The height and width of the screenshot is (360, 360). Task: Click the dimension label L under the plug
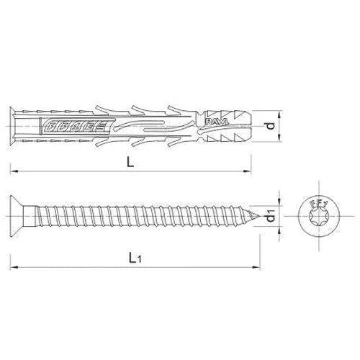[130, 163]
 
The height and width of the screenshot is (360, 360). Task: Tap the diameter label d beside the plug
[270, 127]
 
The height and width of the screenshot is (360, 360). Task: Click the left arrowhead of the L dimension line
[13, 171]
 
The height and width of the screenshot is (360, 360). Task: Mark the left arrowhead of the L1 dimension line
[13, 266]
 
